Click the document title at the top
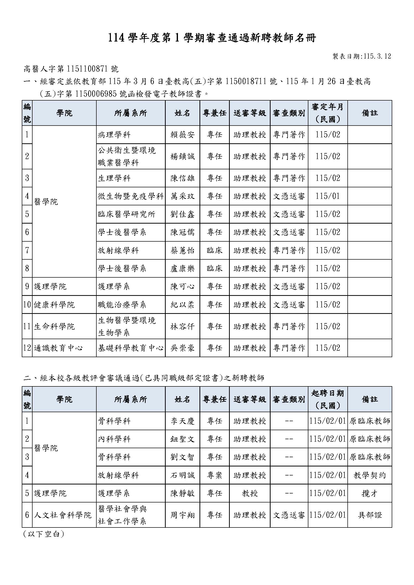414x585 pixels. click(x=212, y=38)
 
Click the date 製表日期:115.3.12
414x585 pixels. click(x=362, y=56)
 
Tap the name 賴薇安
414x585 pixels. click(x=182, y=135)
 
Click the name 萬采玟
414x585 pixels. click(x=182, y=196)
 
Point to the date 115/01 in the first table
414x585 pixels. click(x=328, y=196)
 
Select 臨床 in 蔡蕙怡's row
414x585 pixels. click(x=215, y=250)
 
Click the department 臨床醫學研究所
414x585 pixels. click(x=126, y=214)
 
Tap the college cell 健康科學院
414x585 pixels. click(x=54, y=305)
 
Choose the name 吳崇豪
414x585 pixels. click(x=182, y=348)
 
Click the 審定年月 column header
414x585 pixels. click(x=328, y=113)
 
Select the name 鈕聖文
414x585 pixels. click(x=182, y=439)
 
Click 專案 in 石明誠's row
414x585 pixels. click(x=215, y=475)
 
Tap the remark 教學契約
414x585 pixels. click(x=370, y=475)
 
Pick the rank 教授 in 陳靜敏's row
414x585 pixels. click(x=250, y=493)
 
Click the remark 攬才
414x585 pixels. click(x=370, y=493)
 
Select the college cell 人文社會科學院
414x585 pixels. click(x=63, y=515)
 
